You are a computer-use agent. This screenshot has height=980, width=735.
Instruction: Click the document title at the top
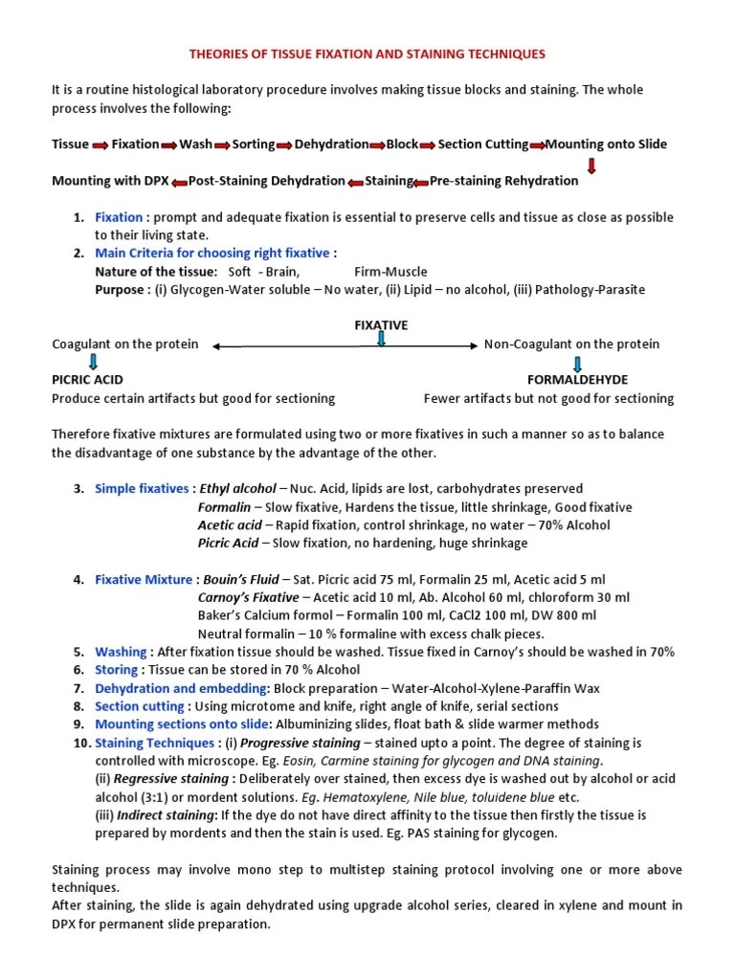coord(367,55)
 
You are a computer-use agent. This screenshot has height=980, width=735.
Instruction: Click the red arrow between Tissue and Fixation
coord(100,145)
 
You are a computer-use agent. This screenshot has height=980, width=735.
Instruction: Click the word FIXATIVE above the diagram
coord(381,325)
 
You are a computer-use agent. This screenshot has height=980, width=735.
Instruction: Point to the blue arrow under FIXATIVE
coord(382,340)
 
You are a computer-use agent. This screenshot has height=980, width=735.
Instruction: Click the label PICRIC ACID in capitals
coord(87,380)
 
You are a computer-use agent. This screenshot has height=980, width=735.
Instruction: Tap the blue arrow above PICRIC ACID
coord(93,362)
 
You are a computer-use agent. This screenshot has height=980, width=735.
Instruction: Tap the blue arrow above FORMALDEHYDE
coord(578,363)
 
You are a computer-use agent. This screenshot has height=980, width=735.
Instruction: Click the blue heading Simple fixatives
coord(142,489)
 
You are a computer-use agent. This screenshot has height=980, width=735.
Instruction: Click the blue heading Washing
coord(121,652)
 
